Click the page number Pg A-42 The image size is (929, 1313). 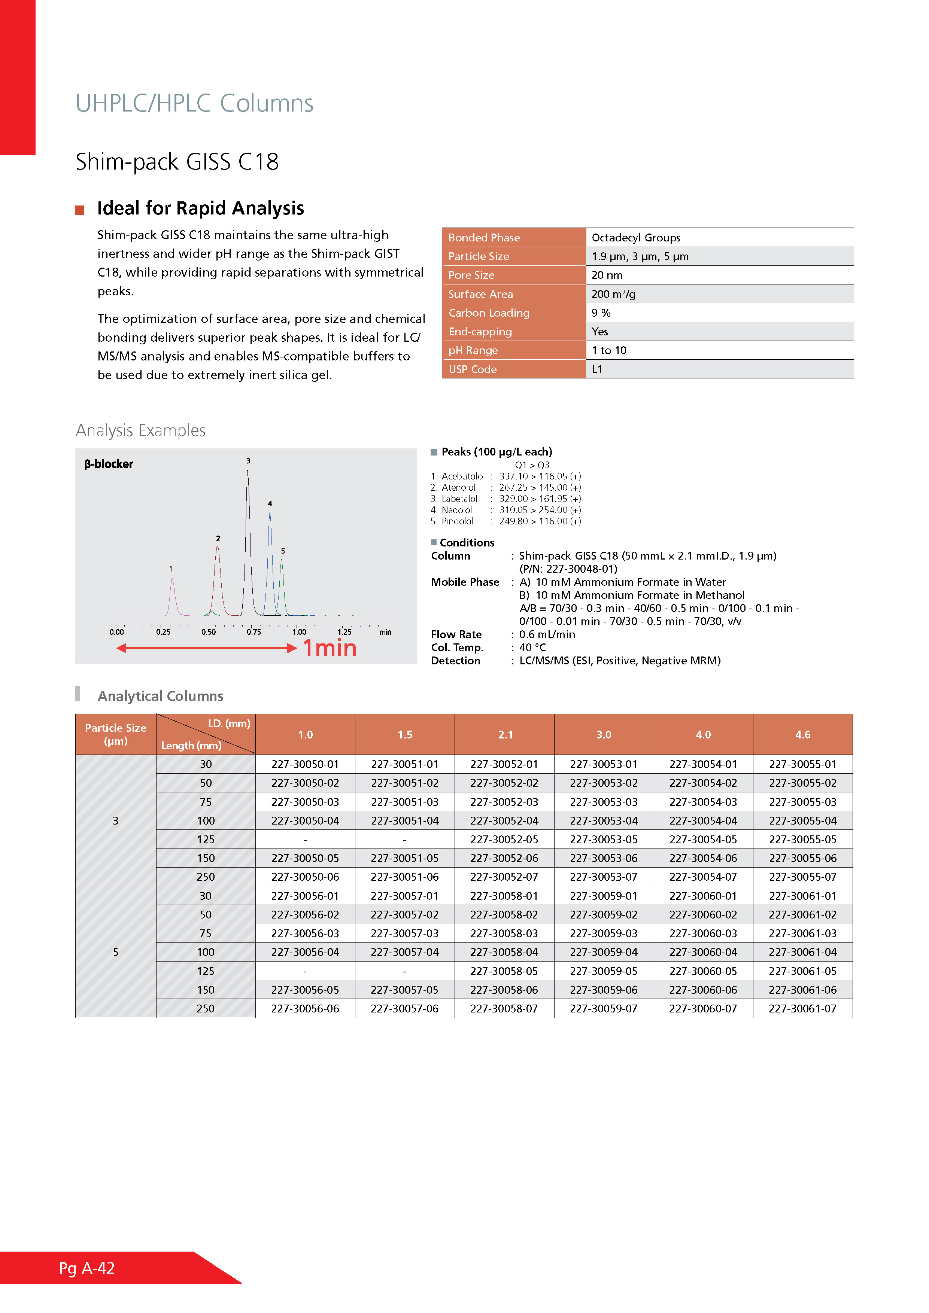tap(87, 1268)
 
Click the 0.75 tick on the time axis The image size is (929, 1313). tap(253, 632)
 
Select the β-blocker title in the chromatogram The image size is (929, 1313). tap(109, 464)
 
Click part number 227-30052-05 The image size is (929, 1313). tap(504, 840)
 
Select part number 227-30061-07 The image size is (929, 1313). tap(802, 1009)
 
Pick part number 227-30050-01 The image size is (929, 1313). tap(305, 764)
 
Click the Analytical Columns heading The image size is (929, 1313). tap(160, 696)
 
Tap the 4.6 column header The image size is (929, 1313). tap(802, 735)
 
